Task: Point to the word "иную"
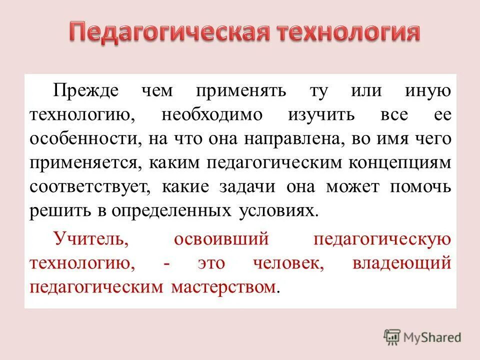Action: point(429,91)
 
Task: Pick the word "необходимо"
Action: point(212,115)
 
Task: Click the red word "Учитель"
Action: point(91,239)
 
